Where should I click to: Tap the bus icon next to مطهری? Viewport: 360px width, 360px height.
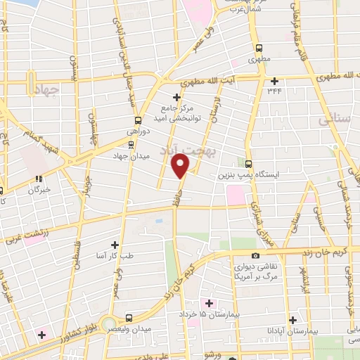click(x=259, y=49)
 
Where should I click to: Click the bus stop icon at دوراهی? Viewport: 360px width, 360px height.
click(x=137, y=120)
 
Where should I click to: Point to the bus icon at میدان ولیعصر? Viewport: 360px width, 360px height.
click(x=128, y=317)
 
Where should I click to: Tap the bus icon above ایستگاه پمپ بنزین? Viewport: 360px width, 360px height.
click(x=249, y=162)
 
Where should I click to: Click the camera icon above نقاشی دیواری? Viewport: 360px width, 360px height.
click(x=255, y=255)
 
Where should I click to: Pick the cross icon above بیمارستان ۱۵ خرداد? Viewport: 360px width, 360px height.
click(x=209, y=302)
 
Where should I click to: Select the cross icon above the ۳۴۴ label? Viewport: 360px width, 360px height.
click(x=274, y=81)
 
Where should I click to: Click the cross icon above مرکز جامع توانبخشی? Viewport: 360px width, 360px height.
click(x=176, y=96)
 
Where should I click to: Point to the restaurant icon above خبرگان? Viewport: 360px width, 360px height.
click(x=39, y=179)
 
